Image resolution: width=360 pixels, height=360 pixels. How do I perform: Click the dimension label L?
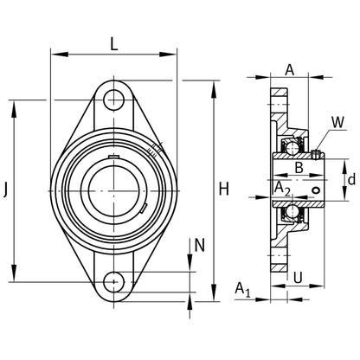(x=114, y=44)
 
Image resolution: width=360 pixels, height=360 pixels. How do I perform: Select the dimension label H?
(x=224, y=189)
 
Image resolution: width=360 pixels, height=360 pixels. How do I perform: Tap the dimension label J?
(x=5, y=190)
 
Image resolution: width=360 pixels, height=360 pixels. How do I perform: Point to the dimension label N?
(x=199, y=245)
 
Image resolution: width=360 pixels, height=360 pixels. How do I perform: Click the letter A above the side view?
(x=290, y=69)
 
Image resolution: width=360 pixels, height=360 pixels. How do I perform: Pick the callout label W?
(x=337, y=122)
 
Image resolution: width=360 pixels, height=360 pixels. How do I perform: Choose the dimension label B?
(x=299, y=167)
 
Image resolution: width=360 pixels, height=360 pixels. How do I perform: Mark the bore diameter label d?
(x=351, y=180)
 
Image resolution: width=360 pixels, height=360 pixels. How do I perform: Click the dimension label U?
(x=298, y=278)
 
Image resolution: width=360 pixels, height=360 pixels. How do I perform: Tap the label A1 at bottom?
(x=242, y=289)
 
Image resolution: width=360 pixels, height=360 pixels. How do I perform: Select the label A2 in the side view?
(x=281, y=190)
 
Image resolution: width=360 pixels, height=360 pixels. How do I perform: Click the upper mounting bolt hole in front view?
(x=114, y=100)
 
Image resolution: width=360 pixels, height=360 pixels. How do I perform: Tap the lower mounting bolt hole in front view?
(x=114, y=281)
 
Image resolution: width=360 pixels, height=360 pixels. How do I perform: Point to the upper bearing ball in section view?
(x=292, y=148)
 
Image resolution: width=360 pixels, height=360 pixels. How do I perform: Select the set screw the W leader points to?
(x=316, y=154)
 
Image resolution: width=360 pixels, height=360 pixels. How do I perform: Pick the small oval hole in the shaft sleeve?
(x=316, y=190)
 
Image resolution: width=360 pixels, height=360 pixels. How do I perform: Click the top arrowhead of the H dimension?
(x=214, y=89)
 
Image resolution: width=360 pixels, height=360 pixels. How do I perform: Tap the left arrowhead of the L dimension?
(x=60, y=55)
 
